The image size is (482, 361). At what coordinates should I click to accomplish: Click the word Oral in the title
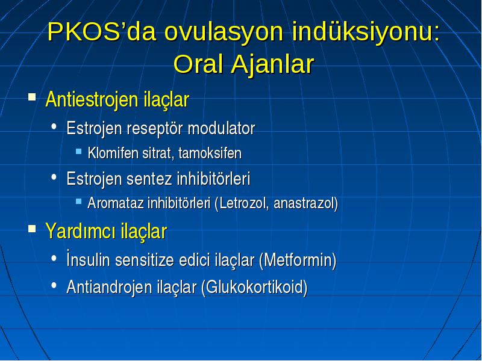click(x=198, y=64)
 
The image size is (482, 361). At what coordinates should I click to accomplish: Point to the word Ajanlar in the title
click(x=272, y=65)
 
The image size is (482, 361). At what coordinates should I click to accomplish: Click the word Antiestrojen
click(x=92, y=100)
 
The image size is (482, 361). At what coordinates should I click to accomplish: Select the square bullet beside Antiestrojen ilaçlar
click(x=32, y=97)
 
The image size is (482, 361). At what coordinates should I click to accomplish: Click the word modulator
click(x=221, y=128)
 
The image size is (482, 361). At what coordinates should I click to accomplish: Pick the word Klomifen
click(x=113, y=153)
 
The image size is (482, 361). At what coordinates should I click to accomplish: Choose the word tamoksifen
click(x=210, y=153)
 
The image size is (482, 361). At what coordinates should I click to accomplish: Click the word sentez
click(x=149, y=179)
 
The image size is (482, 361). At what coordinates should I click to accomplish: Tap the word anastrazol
click(x=305, y=203)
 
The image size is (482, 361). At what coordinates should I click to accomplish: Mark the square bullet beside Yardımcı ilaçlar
click(x=32, y=229)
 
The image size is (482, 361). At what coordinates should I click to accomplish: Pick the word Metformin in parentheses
click(x=298, y=261)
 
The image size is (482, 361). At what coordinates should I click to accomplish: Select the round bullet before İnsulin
click(x=54, y=258)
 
